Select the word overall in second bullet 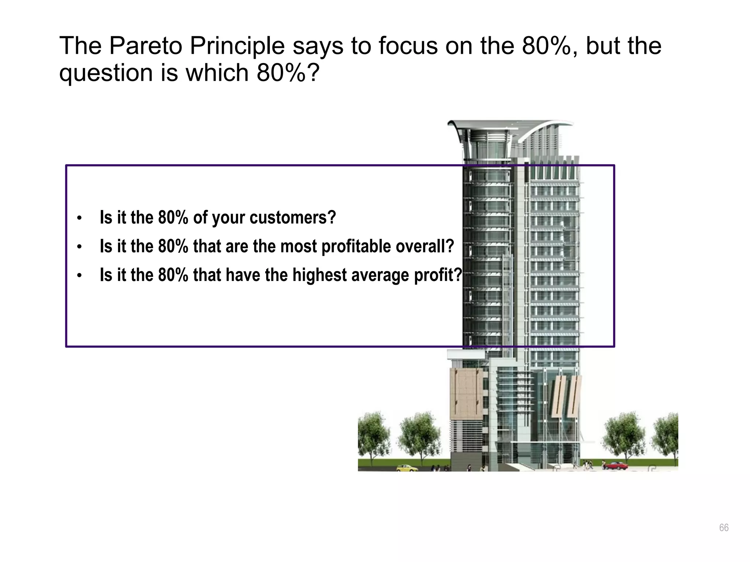[425, 246]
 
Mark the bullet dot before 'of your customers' [79, 219]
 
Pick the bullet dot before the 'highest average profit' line [79, 276]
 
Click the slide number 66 [724, 528]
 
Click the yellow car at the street [406, 468]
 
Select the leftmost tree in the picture [374, 435]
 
